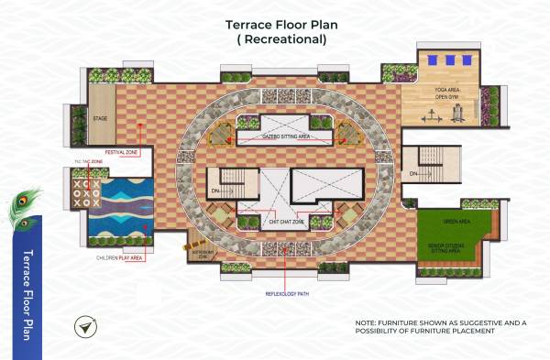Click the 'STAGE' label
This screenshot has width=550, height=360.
(x=101, y=119)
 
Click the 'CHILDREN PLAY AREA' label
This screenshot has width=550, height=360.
(x=116, y=259)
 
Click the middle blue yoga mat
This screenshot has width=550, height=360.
(x=449, y=60)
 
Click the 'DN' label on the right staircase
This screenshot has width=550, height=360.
(x=413, y=173)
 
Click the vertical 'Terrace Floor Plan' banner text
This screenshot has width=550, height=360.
(x=27, y=293)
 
